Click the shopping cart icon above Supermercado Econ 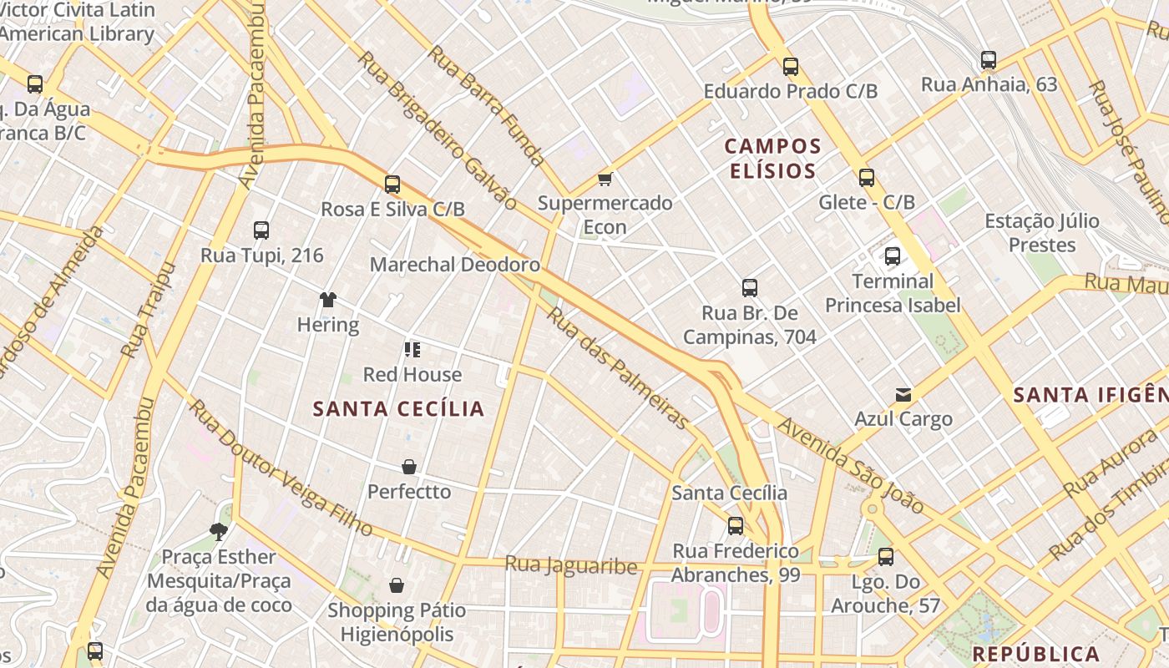(605, 179)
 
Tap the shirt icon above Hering (327, 300)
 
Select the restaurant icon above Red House (412, 349)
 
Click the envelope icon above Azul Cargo (903, 394)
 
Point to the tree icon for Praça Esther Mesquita (219, 531)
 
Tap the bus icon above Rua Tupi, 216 (261, 230)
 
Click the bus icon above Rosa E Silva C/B (392, 185)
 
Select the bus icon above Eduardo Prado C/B (790, 66)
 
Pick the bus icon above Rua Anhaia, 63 (989, 60)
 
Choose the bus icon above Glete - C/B (867, 177)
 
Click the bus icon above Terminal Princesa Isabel (893, 256)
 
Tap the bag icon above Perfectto (409, 466)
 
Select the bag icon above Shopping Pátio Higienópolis (397, 585)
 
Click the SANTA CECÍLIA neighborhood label (398, 408)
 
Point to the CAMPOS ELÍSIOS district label (772, 159)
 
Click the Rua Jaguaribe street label (570, 564)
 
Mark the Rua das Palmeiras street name (618, 368)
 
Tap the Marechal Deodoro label (454, 265)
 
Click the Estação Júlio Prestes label (1041, 233)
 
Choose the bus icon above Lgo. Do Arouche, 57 (885, 556)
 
